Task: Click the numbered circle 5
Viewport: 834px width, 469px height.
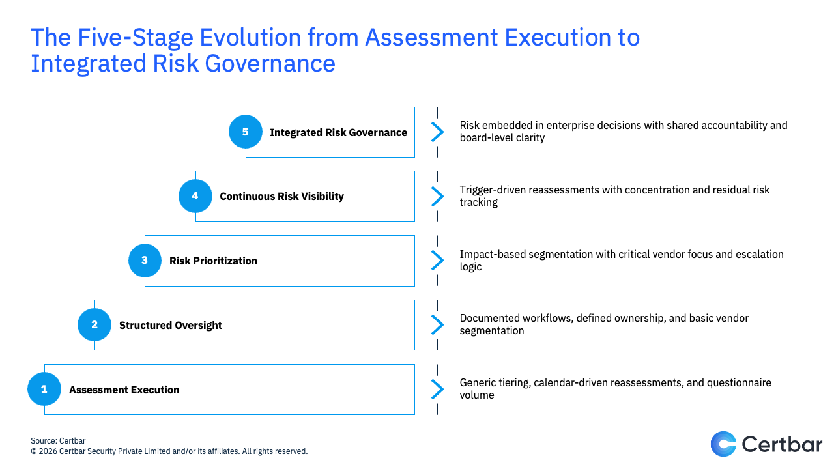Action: (246, 132)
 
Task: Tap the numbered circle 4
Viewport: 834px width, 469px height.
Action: (195, 196)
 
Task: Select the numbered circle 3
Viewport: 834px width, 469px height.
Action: (145, 261)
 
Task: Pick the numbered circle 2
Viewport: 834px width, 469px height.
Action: (94, 325)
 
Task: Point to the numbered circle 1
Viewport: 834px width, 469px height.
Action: (44, 389)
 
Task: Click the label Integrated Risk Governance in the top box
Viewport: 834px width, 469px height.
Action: (338, 132)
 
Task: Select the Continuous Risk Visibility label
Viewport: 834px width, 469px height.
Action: (282, 197)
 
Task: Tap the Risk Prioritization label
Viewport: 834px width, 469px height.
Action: (213, 261)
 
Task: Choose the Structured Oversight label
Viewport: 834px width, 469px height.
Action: (171, 325)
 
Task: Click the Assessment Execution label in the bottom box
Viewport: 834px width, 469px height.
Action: (124, 390)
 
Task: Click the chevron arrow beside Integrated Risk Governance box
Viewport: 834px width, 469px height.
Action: (438, 132)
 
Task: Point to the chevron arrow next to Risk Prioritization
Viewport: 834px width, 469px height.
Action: (438, 260)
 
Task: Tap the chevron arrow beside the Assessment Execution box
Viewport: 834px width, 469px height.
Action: (438, 390)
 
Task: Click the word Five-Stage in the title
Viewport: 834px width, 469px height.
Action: (136, 37)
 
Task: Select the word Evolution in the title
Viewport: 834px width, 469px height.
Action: (251, 37)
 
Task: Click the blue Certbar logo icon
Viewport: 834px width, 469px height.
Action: (723, 444)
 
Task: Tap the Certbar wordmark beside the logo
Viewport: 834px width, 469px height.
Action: (782, 444)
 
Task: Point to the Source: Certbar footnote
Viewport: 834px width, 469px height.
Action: (58, 441)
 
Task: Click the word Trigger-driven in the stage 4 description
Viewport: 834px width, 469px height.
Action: (492, 190)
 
